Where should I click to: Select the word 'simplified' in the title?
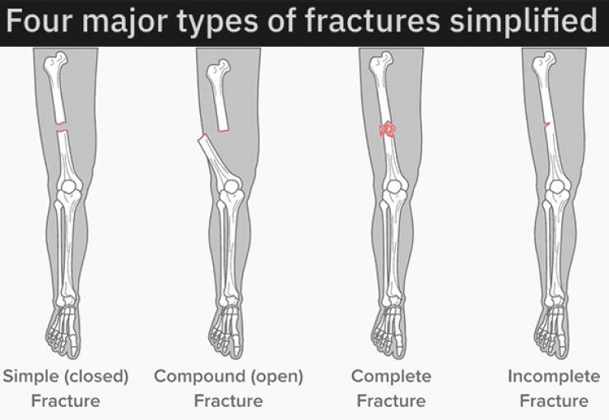pyautogui.click(x=523, y=21)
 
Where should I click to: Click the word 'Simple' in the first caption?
pyautogui.click(x=30, y=376)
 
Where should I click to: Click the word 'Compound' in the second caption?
pyautogui.click(x=199, y=376)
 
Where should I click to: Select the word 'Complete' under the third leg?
pyautogui.click(x=391, y=376)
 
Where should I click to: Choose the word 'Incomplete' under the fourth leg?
pyautogui.click(x=554, y=376)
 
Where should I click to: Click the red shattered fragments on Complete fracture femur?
pyautogui.click(x=388, y=130)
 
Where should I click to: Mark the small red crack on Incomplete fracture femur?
pyautogui.click(x=546, y=125)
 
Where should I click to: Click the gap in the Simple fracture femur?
pyautogui.click(x=62, y=127)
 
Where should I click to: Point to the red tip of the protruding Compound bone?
pyautogui.click(x=202, y=137)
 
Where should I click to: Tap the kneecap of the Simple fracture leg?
pyautogui.click(x=69, y=187)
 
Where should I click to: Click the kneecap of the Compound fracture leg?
pyautogui.click(x=232, y=187)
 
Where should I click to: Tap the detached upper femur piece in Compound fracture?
pyautogui.click(x=218, y=95)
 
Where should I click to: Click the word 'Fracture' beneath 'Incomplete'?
pyautogui.click(x=554, y=400)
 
